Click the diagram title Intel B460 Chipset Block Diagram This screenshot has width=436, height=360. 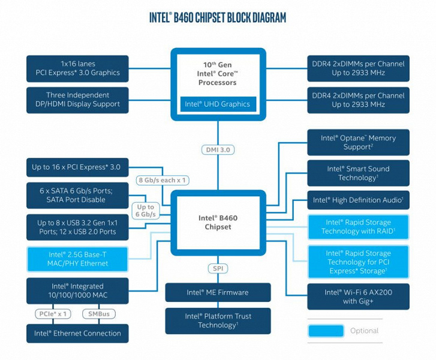point(218,17)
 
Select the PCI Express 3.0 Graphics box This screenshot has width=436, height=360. point(77,68)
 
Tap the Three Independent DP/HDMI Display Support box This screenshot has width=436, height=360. point(77,100)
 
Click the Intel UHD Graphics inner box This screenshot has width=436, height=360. point(217,104)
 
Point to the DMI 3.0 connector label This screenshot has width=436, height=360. point(218,149)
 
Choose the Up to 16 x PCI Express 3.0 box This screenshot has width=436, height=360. point(77,167)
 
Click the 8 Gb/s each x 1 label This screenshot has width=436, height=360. point(162,180)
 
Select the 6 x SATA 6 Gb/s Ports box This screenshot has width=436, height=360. point(77,194)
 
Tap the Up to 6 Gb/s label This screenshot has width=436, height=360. point(145,211)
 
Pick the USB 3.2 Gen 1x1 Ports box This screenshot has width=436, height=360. point(77,227)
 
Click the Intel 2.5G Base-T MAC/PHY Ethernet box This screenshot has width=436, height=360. point(77,259)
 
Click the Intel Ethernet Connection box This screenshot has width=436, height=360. point(77,334)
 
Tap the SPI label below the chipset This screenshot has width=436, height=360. point(217,269)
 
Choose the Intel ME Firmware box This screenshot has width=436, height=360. point(217,293)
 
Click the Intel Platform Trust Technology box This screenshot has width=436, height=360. point(217,320)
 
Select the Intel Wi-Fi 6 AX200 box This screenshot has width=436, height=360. point(358,296)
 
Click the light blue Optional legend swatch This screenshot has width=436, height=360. point(326,331)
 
